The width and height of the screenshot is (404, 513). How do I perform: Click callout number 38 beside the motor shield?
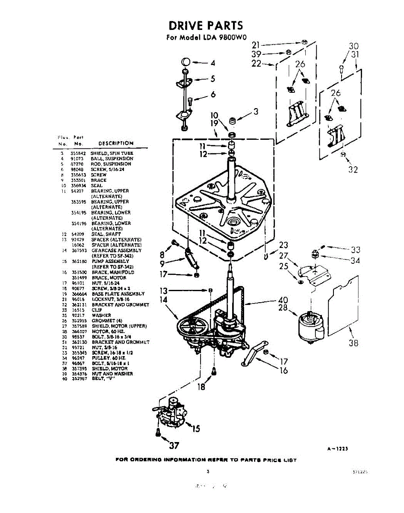tap(353, 343)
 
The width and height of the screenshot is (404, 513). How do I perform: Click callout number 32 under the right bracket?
tap(353, 170)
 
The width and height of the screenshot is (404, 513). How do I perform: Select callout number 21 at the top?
tap(256, 44)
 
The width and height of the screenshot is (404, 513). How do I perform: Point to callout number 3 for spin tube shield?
tap(256, 112)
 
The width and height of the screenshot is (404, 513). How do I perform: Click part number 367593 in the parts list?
tap(79, 251)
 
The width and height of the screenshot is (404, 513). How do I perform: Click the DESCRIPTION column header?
tap(116, 144)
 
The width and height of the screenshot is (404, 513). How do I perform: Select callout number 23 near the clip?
tap(283, 245)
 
